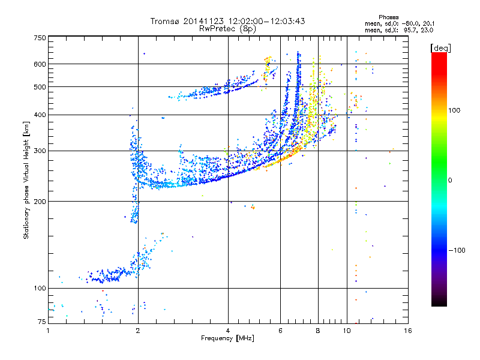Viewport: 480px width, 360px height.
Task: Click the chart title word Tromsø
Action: coord(164,21)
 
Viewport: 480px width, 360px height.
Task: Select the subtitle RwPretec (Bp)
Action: coord(227,28)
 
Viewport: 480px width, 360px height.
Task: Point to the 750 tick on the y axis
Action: coord(40,38)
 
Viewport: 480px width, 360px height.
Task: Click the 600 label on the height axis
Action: coord(40,64)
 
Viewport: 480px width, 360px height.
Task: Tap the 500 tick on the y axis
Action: coord(40,86)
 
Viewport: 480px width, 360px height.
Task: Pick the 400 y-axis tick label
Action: coord(40,115)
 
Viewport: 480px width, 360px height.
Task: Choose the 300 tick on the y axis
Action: coord(40,151)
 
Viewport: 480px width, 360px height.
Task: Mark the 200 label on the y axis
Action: coord(40,201)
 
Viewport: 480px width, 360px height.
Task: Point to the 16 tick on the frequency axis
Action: coord(407,331)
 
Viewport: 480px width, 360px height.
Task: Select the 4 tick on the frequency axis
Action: coord(228,331)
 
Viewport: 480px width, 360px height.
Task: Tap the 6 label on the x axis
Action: coord(281,331)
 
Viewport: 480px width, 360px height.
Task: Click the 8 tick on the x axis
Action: coord(318,331)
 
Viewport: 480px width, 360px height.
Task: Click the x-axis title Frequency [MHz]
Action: coord(227,338)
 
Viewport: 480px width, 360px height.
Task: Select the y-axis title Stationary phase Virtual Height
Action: coord(26,180)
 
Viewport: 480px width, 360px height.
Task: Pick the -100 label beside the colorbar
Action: coord(457,250)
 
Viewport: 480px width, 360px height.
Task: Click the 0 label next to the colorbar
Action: coord(451,180)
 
